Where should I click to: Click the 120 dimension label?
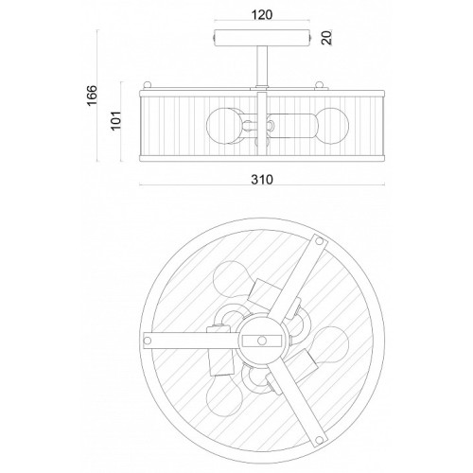[262, 14]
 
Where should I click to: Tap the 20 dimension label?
[327, 38]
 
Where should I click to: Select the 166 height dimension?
[92, 96]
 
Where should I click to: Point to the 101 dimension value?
[115, 120]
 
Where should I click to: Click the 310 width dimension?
[262, 180]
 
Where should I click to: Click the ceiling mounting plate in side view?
[262, 38]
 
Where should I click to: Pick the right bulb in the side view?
[333, 126]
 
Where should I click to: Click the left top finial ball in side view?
[147, 85]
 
